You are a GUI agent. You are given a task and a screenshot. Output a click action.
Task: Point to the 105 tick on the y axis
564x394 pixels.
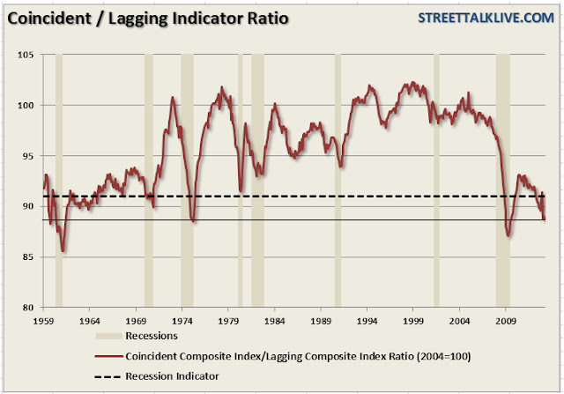26,55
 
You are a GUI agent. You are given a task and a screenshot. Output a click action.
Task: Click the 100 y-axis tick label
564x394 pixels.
26,106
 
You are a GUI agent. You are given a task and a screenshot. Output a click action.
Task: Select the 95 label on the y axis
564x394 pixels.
28,156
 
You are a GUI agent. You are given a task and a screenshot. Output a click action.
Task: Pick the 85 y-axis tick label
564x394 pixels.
28,256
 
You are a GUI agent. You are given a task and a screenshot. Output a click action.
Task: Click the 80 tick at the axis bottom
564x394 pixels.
28,307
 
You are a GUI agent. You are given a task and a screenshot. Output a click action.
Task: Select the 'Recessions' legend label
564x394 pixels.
152,335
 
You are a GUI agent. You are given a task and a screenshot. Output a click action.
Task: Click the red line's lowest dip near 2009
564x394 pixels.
508,235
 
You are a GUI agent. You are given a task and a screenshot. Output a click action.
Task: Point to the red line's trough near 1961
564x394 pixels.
63,251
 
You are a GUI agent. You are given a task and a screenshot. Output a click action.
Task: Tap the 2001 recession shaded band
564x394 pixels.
436,176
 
